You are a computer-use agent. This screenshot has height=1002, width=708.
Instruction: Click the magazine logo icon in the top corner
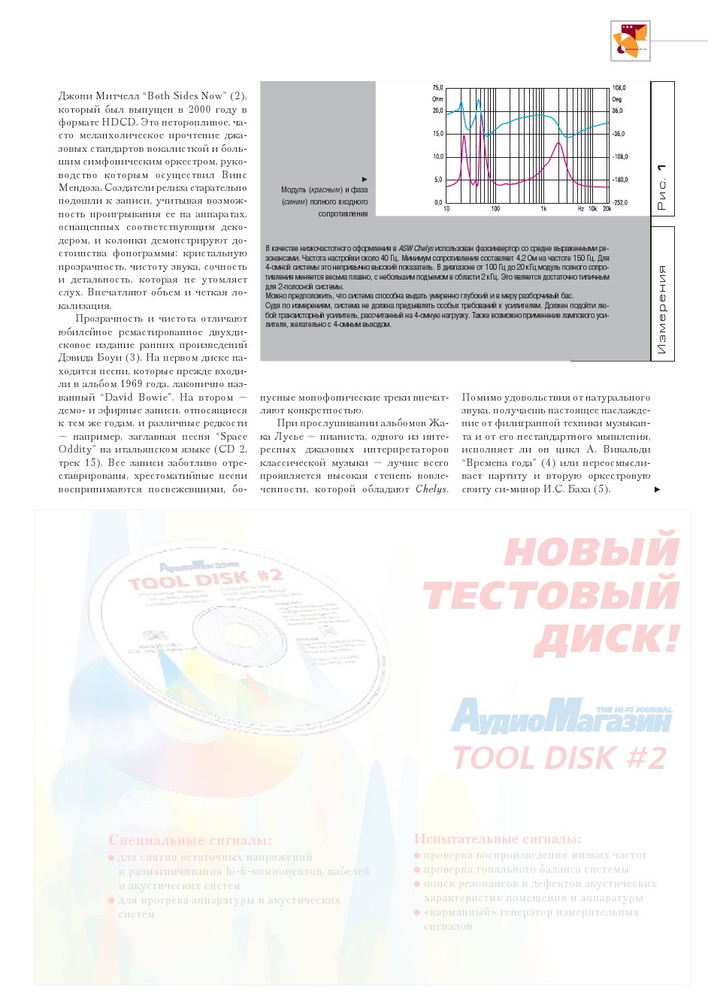pos(630,41)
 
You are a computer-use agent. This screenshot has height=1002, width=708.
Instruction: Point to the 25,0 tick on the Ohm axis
pos(437,88)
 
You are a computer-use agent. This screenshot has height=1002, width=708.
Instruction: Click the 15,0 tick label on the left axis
pos(437,134)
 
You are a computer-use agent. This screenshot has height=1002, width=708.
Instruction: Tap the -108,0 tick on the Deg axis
pos(620,157)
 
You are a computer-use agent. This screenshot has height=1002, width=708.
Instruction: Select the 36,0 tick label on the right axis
pos(617,110)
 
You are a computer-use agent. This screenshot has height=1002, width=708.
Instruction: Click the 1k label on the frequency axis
pos(543,209)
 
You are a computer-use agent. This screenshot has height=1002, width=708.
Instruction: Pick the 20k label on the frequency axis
pos(607,209)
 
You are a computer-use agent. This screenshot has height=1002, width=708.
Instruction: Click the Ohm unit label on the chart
pos(437,99)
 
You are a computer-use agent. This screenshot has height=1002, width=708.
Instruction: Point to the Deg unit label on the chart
pos(617,99)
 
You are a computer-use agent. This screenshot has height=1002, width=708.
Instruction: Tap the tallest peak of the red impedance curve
pos(482,117)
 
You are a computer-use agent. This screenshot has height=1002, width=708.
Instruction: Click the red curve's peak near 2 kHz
pos(558,144)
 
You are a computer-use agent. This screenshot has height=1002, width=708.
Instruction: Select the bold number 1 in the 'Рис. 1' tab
pos(661,168)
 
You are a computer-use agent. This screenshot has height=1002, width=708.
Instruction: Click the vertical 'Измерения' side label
pos(661,309)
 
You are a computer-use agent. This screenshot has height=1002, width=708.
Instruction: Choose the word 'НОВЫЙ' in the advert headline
pos(591,550)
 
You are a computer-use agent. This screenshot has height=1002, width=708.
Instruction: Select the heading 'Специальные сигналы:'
pos(190,840)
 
